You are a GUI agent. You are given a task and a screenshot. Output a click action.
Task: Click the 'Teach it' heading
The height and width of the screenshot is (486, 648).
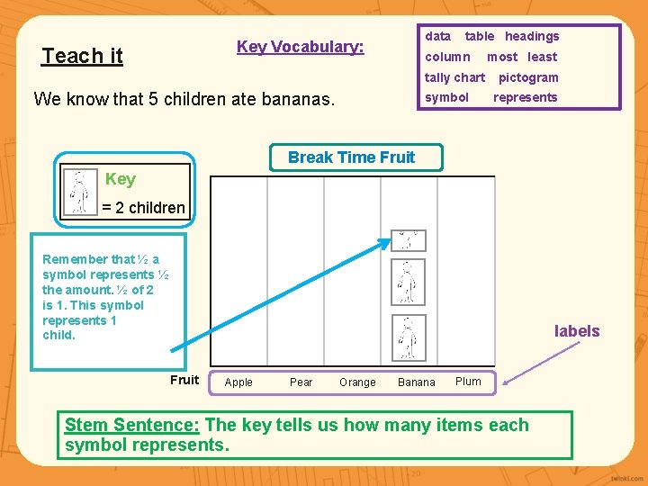pos(82,56)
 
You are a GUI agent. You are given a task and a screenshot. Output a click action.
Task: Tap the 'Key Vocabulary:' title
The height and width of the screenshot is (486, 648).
pos(300,47)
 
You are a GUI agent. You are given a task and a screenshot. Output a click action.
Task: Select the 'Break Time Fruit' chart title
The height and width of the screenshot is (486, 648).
pos(351,157)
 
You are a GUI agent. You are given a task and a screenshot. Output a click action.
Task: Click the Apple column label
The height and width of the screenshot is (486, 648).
pos(238,382)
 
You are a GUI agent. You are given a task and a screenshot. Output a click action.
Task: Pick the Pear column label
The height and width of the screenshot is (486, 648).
pos(301,382)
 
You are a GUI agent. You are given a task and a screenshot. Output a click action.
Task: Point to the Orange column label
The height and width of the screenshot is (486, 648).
pos(357,382)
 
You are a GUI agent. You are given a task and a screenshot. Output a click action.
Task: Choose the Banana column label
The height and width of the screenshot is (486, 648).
pos(416,382)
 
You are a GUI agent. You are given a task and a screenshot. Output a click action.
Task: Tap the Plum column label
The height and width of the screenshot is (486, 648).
pos(468,382)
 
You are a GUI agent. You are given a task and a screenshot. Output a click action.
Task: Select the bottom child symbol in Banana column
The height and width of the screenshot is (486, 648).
pos(408,338)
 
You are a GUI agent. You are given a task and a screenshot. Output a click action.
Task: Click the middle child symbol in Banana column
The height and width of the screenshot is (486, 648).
pos(408,283)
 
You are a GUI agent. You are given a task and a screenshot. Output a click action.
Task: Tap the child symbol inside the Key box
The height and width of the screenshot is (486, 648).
pos(80,192)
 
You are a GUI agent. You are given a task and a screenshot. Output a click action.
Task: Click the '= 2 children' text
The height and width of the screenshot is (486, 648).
pos(143,208)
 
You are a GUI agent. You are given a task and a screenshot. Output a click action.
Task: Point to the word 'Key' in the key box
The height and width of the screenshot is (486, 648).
pos(120,179)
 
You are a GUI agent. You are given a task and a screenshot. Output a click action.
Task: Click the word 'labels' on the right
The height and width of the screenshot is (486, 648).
pos(576,331)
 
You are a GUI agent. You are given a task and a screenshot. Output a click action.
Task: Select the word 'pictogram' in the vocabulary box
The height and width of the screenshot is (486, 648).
pos(528,77)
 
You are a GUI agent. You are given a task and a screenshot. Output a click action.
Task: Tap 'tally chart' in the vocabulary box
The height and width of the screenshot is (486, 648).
pos(454,77)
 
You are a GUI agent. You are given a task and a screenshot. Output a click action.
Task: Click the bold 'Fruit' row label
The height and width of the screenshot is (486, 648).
pos(184,380)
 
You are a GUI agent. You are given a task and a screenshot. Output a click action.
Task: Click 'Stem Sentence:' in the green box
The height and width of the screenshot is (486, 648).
pos(133,425)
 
